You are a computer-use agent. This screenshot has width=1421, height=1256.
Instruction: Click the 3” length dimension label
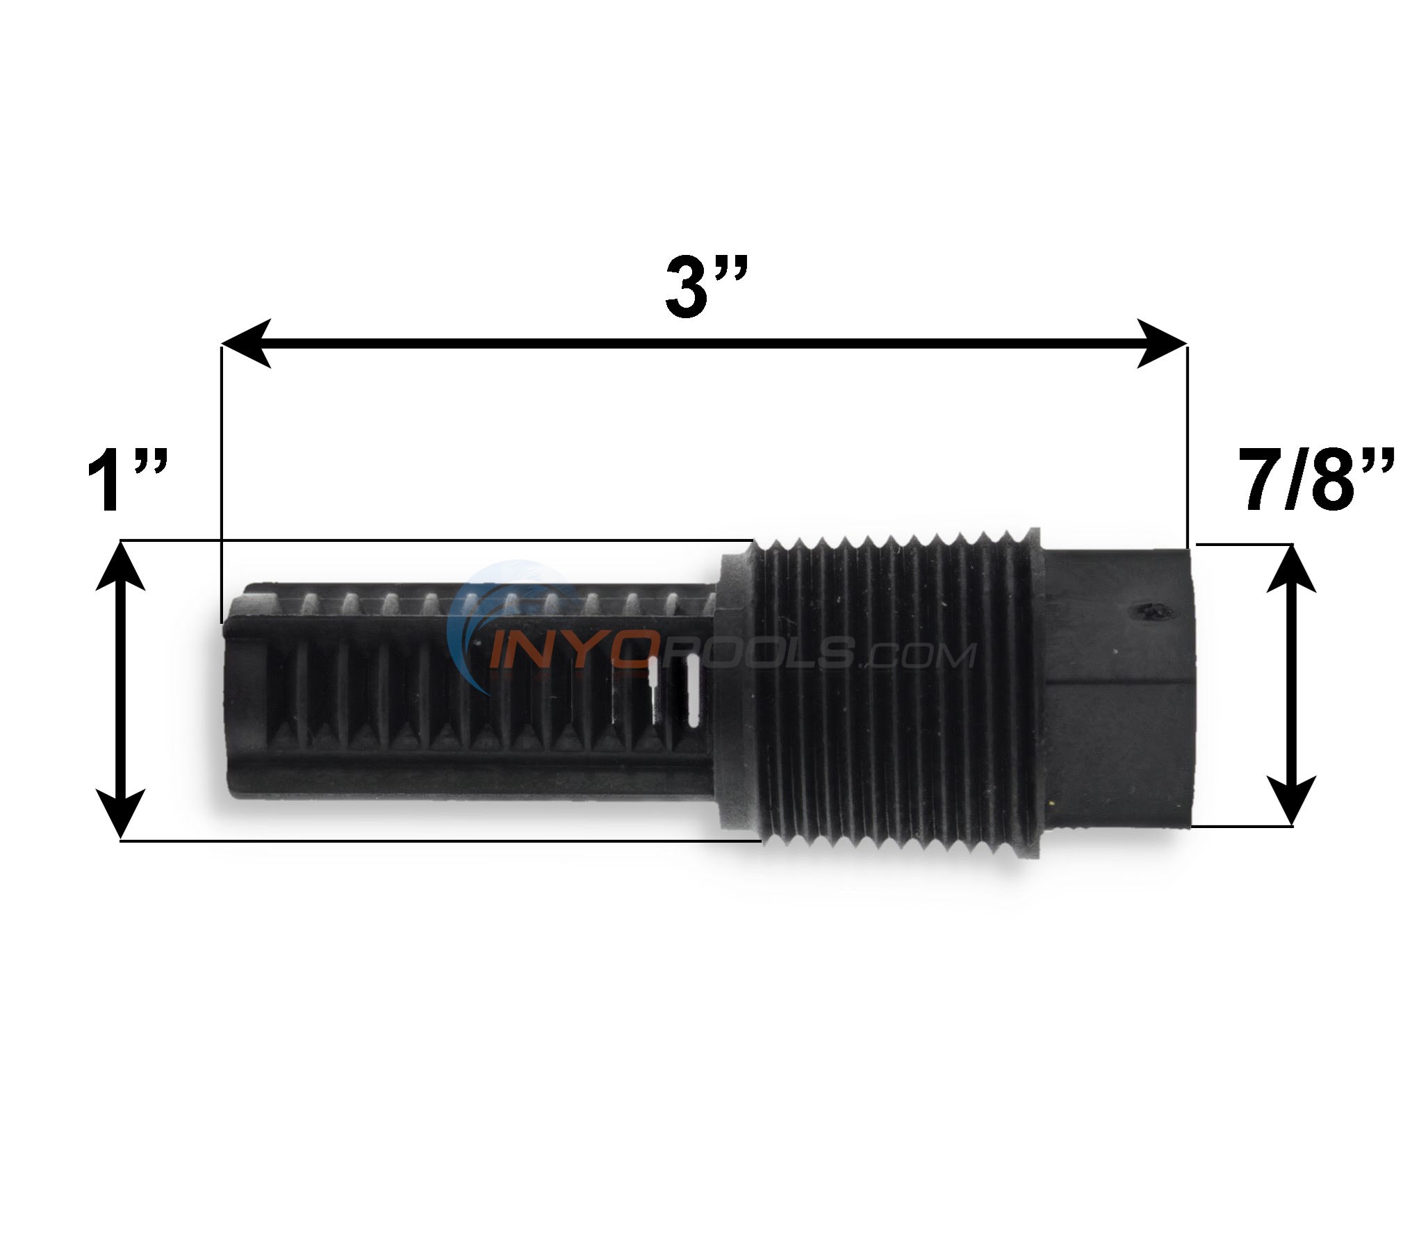pos(705,286)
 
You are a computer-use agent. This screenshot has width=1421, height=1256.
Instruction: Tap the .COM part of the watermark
pos(918,655)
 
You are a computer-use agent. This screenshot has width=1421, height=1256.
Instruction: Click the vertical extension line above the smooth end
pos(1188,445)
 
